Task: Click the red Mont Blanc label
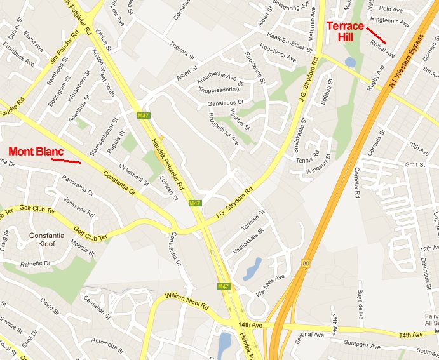pyautogui.click(x=36, y=152)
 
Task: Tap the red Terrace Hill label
pyautogui.click(x=345, y=31)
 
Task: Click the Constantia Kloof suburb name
pyautogui.click(x=46, y=239)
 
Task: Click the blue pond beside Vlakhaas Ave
pyautogui.click(x=252, y=269)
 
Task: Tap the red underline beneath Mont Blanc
pyautogui.click(x=66, y=161)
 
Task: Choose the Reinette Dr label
pyautogui.click(x=36, y=263)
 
